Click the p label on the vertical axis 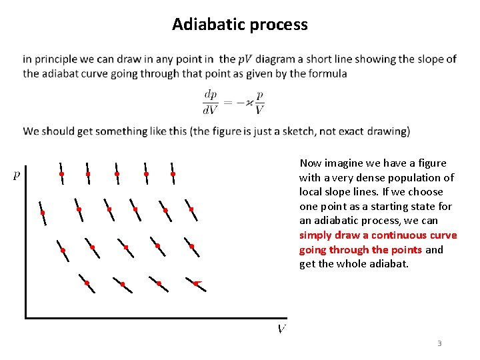pyautogui.click(x=17, y=175)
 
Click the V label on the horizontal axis pyautogui.click(x=281, y=329)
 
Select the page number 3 pyautogui.click(x=439, y=343)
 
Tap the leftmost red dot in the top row pyautogui.click(x=61, y=174)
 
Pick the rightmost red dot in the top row pyautogui.click(x=173, y=174)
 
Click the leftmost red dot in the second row pyautogui.click(x=43, y=213)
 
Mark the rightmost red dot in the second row pyautogui.click(x=191, y=209)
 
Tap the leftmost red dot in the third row pyautogui.click(x=63, y=251)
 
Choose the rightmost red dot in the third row pyautogui.click(x=191, y=246)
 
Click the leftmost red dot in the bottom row pyautogui.click(x=87, y=283)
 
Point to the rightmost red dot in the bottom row pyautogui.click(x=195, y=283)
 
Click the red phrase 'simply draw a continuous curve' pyautogui.click(x=378, y=235)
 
